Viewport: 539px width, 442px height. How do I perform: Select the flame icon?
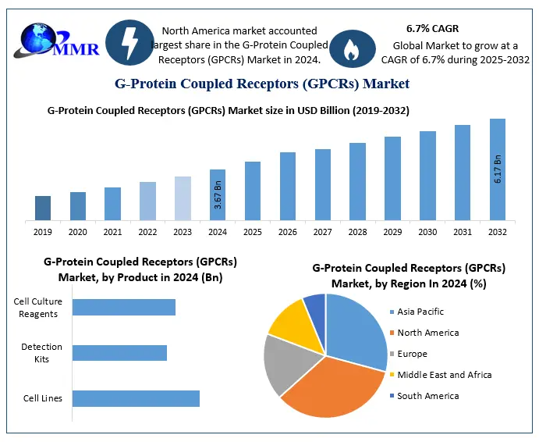click(348, 49)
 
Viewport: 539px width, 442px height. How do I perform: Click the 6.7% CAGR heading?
click(432, 28)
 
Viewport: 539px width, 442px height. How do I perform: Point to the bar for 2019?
click(43, 208)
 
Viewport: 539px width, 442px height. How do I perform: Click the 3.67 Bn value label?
click(218, 195)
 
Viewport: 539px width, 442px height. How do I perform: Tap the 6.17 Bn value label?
click(498, 169)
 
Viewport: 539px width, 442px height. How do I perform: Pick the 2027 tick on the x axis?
click(323, 232)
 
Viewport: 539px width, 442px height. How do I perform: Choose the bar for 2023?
click(183, 198)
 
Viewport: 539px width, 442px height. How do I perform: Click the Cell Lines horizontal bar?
click(136, 398)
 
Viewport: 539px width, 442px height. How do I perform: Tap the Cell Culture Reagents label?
click(36, 308)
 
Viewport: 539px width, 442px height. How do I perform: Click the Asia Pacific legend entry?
click(420, 312)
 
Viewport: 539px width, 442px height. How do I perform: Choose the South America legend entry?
click(427, 396)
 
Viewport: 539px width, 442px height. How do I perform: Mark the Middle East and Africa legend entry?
click(444, 375)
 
